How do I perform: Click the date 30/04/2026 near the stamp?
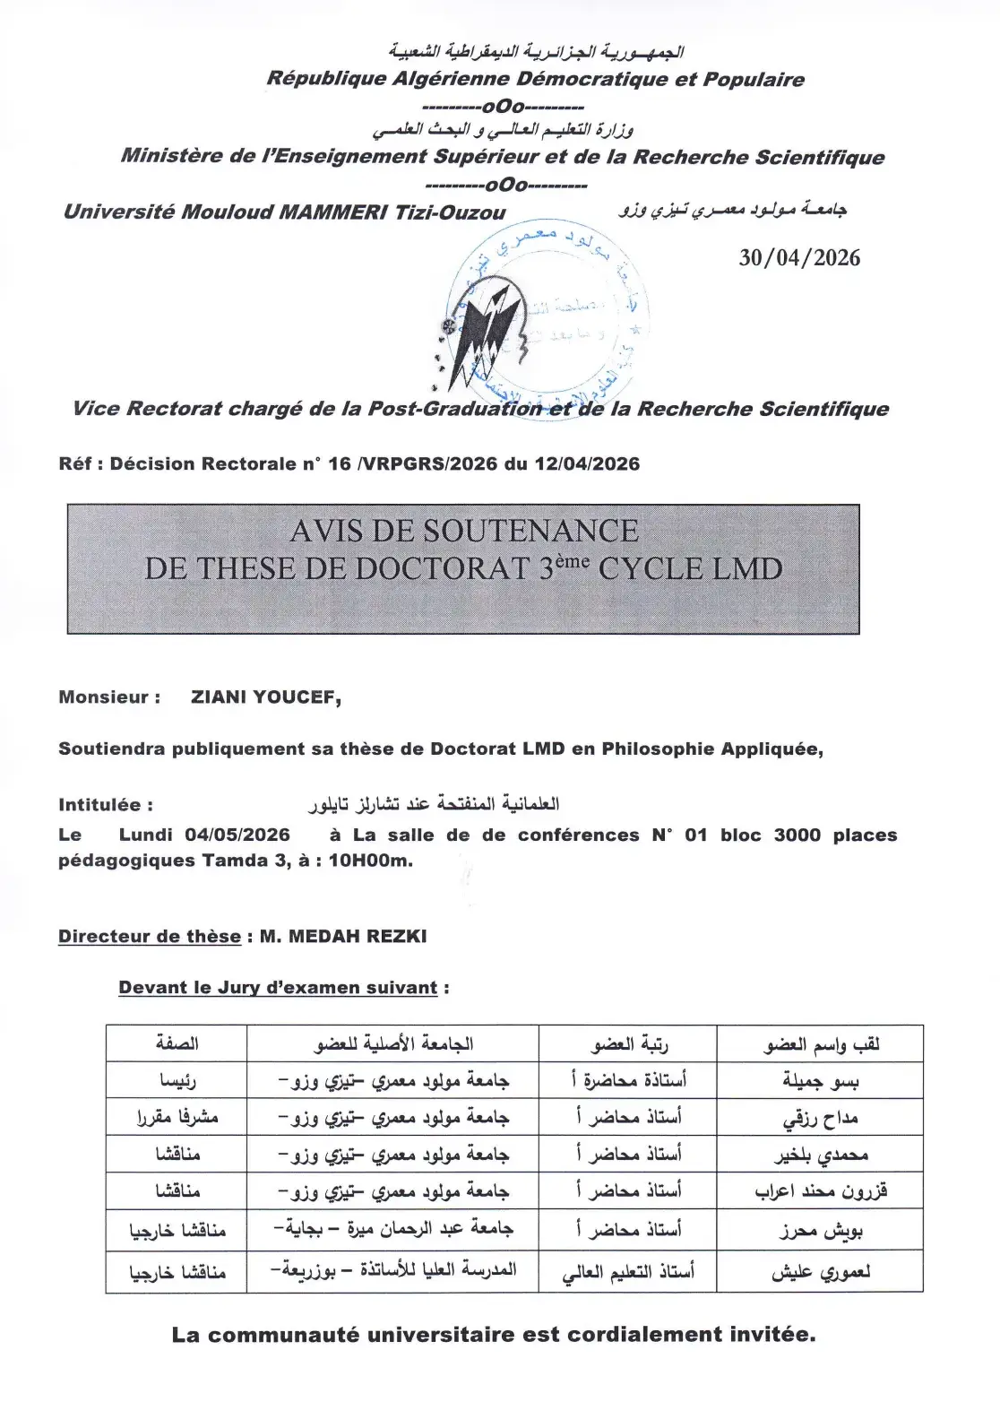[798, 258]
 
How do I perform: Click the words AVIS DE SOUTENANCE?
[464, 531]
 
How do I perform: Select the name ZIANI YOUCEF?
[265, 697]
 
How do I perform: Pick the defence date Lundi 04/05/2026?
[204, 835]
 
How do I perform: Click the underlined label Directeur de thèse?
[150, 937]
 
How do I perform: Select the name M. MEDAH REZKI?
[343, 937]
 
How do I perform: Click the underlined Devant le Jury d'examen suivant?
[278, 988]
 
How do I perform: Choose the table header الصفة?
[177, 1043]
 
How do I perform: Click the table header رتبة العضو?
[629, 1044]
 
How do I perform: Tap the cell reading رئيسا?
[177, 1081]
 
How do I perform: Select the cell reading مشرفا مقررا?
[177, 1118]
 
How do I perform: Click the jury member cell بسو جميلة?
[820, 1081]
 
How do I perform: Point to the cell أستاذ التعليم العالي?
[628, 1272]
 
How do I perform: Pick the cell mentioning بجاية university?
[393, 1229]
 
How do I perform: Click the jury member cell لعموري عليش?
[820, 1272]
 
